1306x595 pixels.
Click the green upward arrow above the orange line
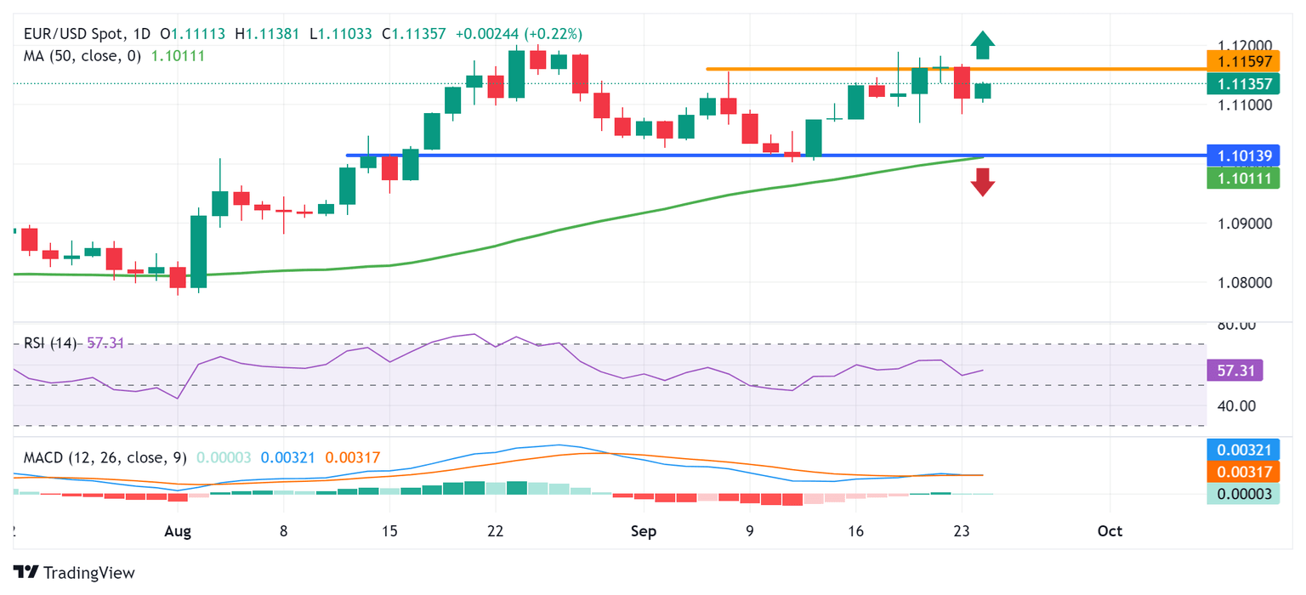(x=983, y=45)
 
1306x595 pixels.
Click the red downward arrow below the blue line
(x=983, y=182)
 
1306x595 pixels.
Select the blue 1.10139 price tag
(x=1242, y=156)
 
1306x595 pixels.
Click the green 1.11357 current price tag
(x=1242, y=83)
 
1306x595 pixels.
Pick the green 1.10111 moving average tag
(x=1242, y=178)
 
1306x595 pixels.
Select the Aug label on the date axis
(x=177, y=531)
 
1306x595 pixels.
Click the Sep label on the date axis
(x=644, y=531)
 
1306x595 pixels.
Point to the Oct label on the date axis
(x=1110, y=531)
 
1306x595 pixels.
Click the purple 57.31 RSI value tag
(x=1235, y=371)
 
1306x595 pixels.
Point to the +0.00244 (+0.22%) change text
(x=519, y=35)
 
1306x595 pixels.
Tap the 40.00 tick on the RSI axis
(x=1237, y=405)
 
